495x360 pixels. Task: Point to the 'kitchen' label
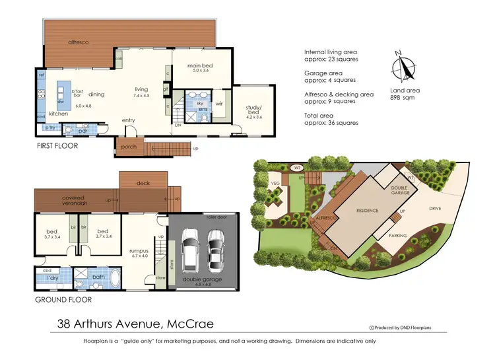[x=59, y=114]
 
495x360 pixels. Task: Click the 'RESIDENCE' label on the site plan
[x=367, y=211]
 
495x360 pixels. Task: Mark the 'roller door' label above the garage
[x=216, y=215]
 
